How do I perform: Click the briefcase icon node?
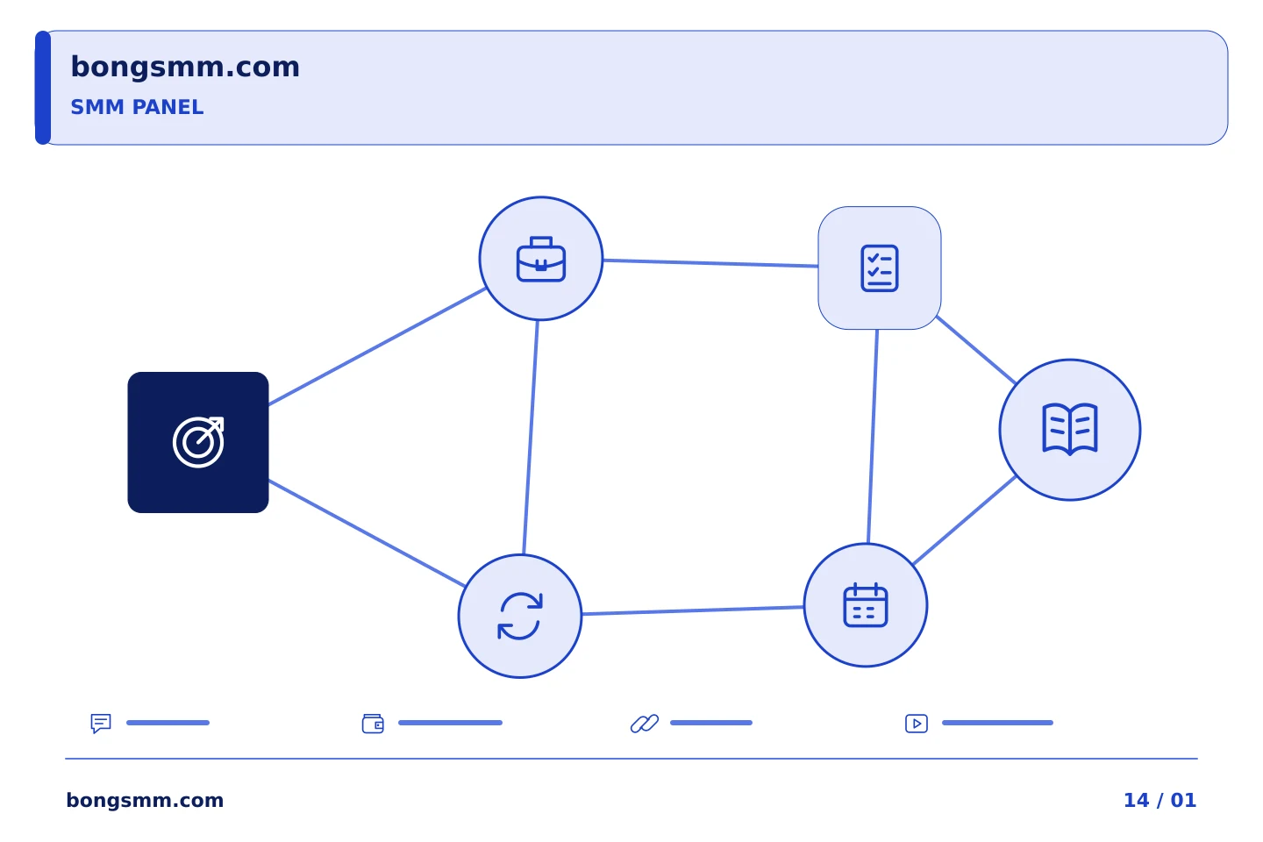[540, 258]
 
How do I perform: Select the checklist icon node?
[879, 268]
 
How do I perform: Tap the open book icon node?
[1070, 430]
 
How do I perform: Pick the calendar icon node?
[866, 605]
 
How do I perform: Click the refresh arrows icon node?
[520, 616]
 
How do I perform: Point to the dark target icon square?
[198, 442]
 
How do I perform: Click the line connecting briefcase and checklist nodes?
[710, 263]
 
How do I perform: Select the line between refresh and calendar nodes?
[693, 610]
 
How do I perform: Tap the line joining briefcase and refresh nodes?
[531, 437]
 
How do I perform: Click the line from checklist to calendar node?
[873, 437]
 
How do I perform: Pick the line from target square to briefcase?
[378, 346]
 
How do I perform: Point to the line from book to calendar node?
[964, 520]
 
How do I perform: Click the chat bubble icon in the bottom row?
[101, 723]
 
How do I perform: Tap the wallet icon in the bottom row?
[373, 724]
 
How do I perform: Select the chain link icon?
[645, 724]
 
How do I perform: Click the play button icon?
[917, 724]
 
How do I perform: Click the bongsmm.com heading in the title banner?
[185, 68]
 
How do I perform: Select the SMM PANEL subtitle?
[137, 107]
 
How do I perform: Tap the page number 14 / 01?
[1160, 800]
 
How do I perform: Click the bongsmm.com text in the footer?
[145, 800]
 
